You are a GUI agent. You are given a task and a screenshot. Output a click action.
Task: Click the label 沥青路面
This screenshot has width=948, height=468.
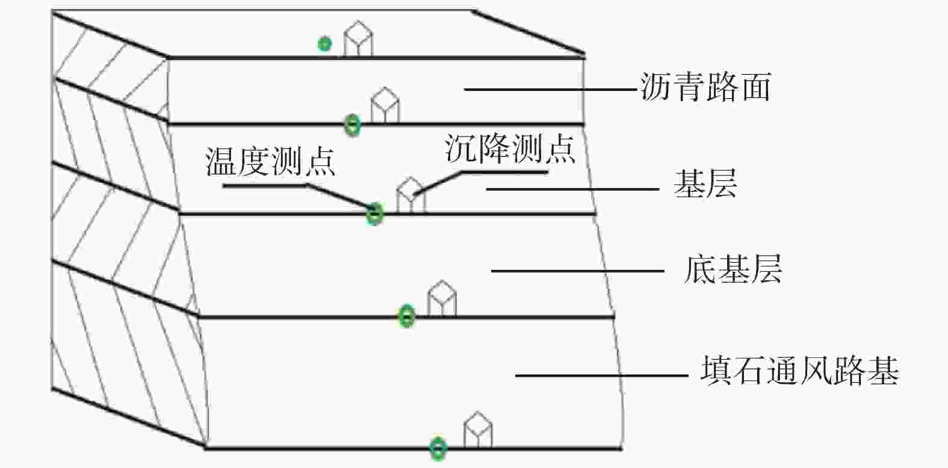tap(705, 87)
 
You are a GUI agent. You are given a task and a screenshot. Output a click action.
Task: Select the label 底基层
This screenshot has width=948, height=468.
tap(733, 269)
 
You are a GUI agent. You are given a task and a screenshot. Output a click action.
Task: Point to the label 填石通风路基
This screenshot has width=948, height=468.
tap(800, 371)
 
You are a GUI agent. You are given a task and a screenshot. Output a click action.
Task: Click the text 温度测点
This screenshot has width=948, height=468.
tap(270, 161)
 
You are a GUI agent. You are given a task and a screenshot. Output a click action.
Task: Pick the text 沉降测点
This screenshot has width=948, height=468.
tap(510, 149)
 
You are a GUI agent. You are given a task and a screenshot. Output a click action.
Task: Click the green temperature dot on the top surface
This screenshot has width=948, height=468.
tap(324, 43)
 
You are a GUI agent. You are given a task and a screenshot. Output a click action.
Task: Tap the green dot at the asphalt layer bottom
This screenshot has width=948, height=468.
tap(353, 125)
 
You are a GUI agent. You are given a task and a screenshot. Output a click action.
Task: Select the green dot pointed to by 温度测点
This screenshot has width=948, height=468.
tap(375, 214)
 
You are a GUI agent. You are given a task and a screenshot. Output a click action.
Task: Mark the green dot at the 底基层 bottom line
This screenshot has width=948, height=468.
tap(407, 316)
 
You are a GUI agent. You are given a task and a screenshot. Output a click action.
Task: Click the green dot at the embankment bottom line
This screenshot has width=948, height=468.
tap(438, 448)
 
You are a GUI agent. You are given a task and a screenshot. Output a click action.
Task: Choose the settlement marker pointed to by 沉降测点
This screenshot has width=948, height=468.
tap(410, 195)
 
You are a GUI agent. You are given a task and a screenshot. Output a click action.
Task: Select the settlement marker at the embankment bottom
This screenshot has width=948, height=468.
tap(479, 429)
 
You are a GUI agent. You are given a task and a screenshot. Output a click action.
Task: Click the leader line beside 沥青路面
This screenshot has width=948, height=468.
tap(550, 89)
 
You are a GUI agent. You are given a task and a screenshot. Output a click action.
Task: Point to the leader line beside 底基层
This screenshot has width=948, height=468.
tap(578, 271)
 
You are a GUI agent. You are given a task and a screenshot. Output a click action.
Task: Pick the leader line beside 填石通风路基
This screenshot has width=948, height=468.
tap(602, 375)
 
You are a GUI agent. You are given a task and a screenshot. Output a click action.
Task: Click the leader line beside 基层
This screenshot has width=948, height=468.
tap(572, 189)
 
